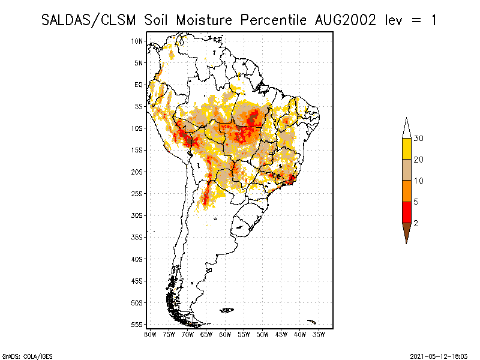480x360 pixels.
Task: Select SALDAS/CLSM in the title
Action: click(91, 20)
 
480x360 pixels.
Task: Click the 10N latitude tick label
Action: click(137, 41)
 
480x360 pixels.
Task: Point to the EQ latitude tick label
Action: click(139, 85)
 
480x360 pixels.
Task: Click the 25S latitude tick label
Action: click(137, 193)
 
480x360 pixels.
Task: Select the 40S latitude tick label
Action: click(137, 259)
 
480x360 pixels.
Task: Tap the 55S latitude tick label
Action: click(137, 324)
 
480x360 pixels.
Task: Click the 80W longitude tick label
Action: click(151, 334)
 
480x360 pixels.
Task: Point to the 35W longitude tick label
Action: click(318, 334)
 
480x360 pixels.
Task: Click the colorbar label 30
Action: click(419, 139)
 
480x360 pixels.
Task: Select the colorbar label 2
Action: click(416, 223)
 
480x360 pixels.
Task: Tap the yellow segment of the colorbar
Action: click(406, 149)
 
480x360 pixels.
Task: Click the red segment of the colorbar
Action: click(406, 212)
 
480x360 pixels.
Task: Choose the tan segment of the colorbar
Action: click(406, 170)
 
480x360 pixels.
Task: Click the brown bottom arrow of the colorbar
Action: click(406, 231)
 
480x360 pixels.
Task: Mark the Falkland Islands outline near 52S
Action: click(227, 310)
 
